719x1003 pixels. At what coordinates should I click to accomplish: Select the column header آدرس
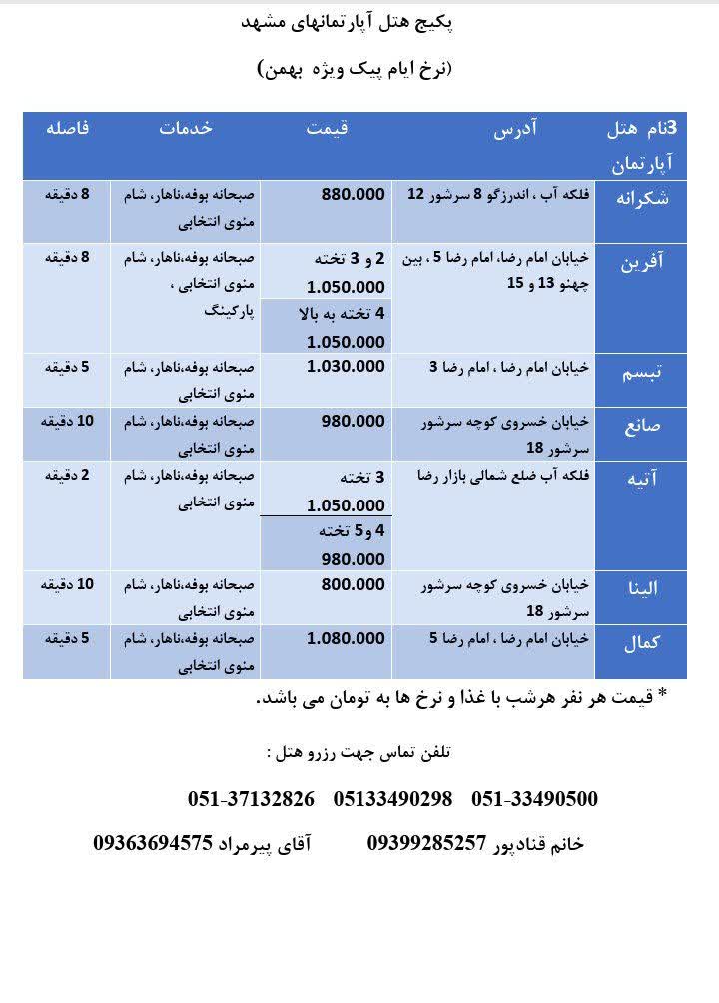pyautogui.click(x=518, y=128)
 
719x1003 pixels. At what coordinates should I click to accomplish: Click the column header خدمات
pyautogui.click(x=188, y=128)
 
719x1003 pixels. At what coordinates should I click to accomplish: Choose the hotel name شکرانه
pyautogui.click(x=645, y=197)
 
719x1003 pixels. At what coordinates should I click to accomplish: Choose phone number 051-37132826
pyautogui.click(x=251, y=799)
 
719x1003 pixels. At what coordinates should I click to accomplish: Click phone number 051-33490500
pyautogui.click(x=534, y=799)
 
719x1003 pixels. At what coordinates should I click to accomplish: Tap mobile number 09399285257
pyautogui.click(x=426, y=844)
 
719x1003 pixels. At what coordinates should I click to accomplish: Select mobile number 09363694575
pyautogui.click(x=153, y=844)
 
